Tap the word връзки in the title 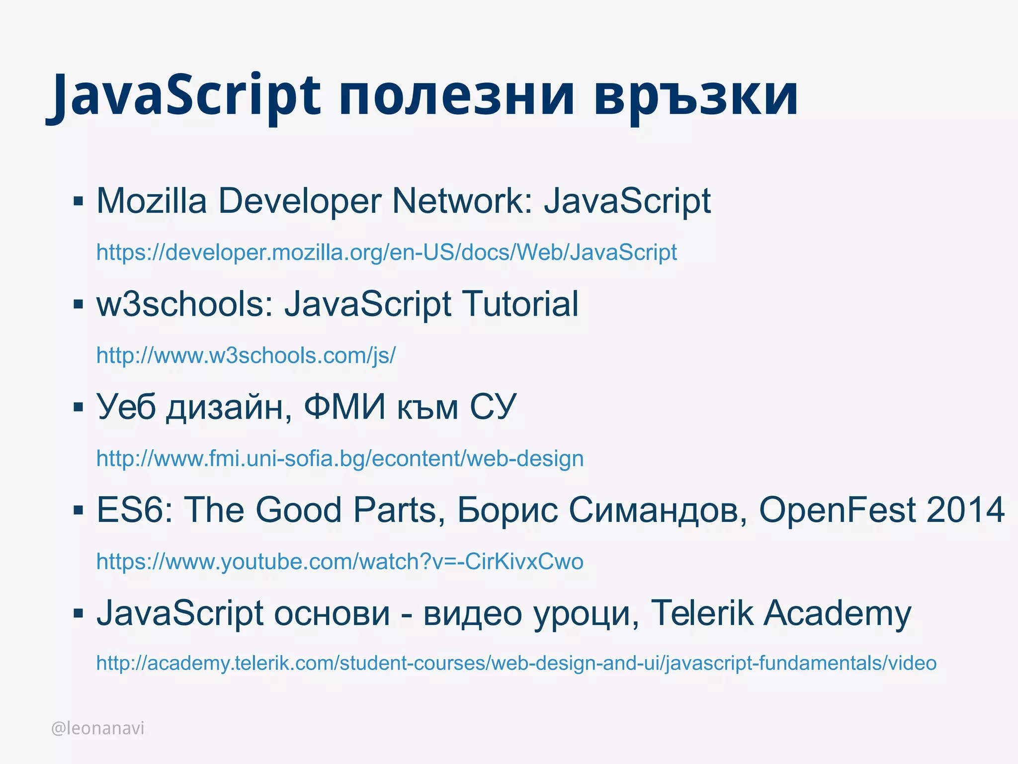[696, 95]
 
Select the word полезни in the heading [457, 95]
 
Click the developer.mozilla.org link [386, 253]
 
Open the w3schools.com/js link [246, 356]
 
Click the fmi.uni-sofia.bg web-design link [340, 458]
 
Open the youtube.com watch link [340, 562]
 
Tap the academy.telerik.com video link [516, 663]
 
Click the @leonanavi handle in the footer [98, 728]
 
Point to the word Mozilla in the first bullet [152, 201]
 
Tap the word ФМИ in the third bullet [344, 407]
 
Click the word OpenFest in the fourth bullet [837, 510]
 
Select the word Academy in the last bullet [837, 613]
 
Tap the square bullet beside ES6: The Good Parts [78, 510]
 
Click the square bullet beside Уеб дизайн [78, 407]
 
